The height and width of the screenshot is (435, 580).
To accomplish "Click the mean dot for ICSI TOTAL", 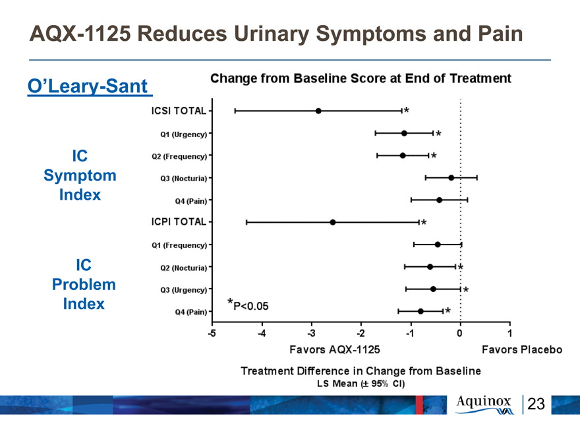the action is tap(318, 111).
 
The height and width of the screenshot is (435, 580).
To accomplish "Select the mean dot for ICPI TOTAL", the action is tap(333, 222).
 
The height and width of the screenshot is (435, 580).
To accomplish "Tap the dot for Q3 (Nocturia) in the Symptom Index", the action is tap(451, 178).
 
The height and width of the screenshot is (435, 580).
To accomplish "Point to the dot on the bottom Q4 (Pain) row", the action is tap(420, 312).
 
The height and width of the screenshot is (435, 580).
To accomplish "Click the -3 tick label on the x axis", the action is tap(312, 333).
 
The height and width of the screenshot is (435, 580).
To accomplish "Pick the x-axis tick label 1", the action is tap(509, 333).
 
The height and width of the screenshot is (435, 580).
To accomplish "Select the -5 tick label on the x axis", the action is tap(212, 333).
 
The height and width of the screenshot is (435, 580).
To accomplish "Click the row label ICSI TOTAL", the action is tap(179, 111).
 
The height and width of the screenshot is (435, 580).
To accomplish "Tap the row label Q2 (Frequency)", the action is tap(179, 156).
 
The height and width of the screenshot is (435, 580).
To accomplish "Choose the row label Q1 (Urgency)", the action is tap(184, 134).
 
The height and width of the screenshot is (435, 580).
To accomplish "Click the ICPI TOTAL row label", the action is tap(179, 221).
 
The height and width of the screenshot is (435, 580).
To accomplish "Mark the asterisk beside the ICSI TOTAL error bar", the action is tap(407, 110).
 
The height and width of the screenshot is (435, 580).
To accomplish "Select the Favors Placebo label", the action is tap(522, 349).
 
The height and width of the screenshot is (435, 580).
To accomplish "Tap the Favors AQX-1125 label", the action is tap(335, 349).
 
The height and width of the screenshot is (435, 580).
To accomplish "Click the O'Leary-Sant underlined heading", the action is tap(90, 86).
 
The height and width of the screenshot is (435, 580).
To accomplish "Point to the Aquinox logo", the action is tap(484, 404).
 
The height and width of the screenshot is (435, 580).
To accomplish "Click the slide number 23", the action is tap(536, 404).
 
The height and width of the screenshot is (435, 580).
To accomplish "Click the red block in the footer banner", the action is tap(419, 405).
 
